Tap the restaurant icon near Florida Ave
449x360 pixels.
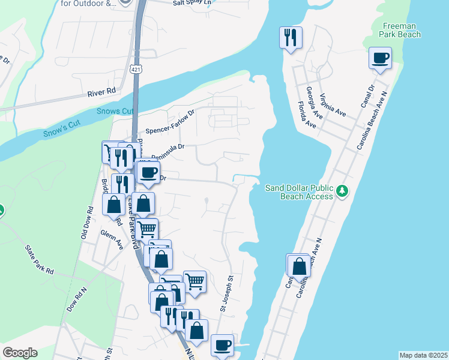[x=291, y=38]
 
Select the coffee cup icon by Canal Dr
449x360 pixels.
[x=381, y=59]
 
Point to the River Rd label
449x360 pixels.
[x=101, y=92]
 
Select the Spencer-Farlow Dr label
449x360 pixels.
[x=170, y=122]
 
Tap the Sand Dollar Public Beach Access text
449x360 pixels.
[x=299, y=192]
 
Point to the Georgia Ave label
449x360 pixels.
[x=316, y=98]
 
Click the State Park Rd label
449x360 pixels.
[x=39, y=260]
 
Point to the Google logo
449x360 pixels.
[x=20, y=353]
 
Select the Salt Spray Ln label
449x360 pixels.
[x=192, y=2]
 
